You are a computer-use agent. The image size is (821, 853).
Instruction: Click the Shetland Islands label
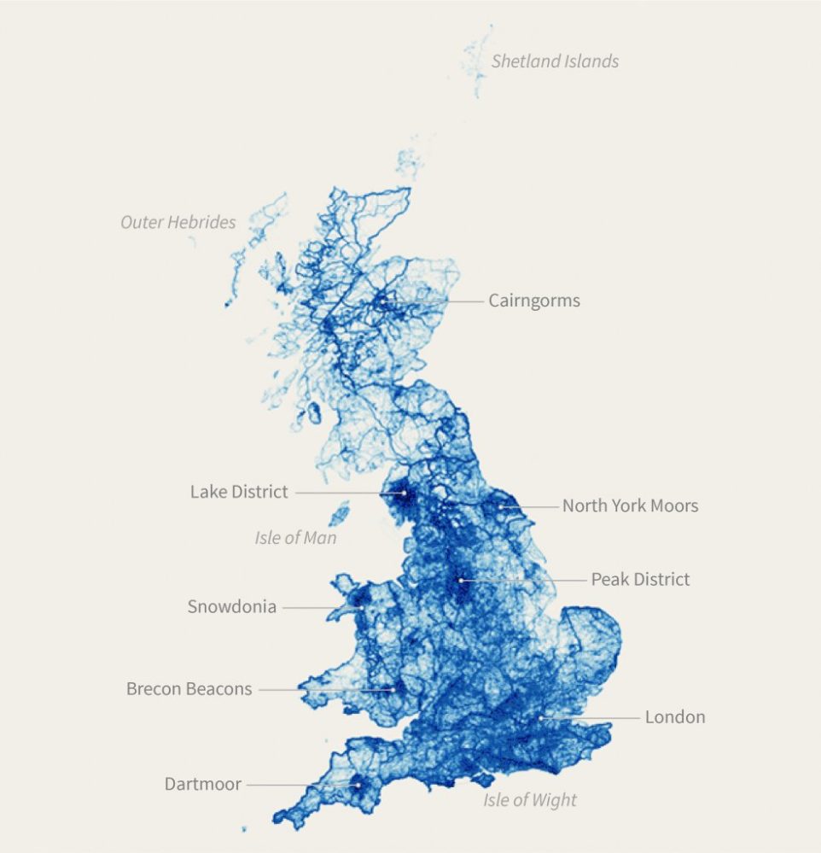[555, 61]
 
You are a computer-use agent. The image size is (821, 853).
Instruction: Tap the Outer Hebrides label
[178, 223]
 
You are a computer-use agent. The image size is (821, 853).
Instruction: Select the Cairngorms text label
[534, 301]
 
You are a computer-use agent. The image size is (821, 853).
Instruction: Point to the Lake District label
[239, 492]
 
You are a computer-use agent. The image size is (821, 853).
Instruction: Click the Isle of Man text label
[295, 538]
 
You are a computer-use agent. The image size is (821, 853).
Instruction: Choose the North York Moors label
[630, 505]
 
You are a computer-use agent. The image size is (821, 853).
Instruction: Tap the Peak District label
[640, 580]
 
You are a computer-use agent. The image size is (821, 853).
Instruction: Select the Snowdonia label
[232, 607]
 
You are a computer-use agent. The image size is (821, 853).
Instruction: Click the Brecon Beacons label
[189, 688]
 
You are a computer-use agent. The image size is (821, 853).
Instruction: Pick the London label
[675, 717]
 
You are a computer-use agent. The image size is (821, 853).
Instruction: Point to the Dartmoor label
[203, 784]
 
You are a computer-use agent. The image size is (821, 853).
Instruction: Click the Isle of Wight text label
[530, 800]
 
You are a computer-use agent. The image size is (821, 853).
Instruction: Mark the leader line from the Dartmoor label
[303, 784]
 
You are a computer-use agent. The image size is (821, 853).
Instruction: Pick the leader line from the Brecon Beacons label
[324, 689]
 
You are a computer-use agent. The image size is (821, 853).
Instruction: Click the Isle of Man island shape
[340, 513]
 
